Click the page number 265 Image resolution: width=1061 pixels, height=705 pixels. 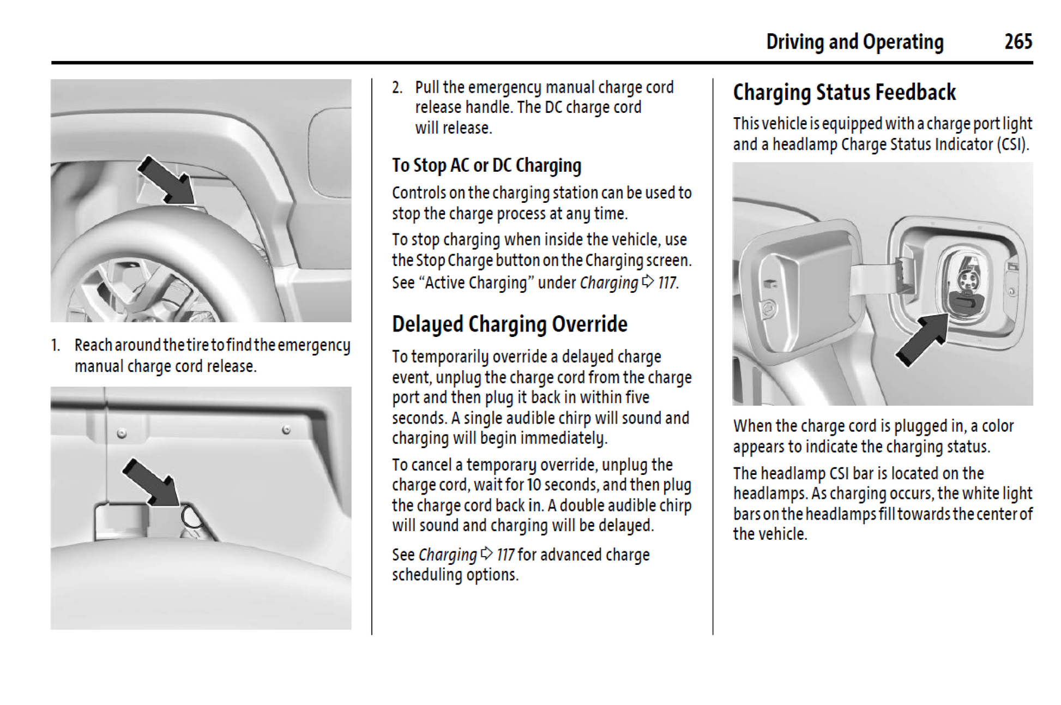click(x=1018, y=41)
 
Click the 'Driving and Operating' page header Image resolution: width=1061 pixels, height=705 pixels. click(x=854, y=42)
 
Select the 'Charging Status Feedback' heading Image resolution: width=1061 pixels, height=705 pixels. click(x=844, y=92)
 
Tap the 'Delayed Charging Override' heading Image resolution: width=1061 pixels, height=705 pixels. click(x=509, y=324)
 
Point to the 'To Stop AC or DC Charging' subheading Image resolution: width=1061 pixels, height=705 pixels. click(x=486, y=165)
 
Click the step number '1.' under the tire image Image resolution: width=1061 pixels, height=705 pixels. click(x=56, y=345)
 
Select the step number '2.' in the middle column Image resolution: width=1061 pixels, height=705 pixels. click(x=397, y=88)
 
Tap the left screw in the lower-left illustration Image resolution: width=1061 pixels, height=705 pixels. click(x=122, y=434)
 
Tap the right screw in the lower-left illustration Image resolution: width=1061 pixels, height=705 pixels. click(x=286, y=430)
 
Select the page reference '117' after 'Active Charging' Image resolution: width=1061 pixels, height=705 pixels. click(x=667, y=283)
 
